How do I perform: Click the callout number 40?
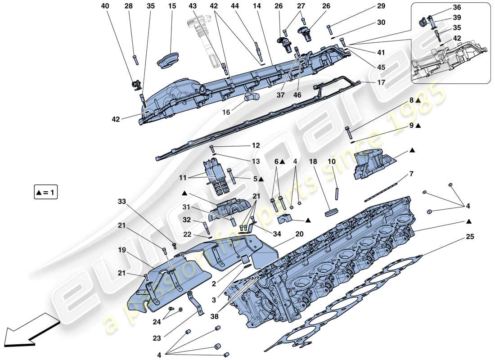pos(105,6)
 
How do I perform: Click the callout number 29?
pos(369,6)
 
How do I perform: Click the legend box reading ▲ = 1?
pos(45,193)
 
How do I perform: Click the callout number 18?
pos(314,161)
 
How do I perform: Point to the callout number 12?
pos(256,146)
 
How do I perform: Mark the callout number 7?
pos(411,174)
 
